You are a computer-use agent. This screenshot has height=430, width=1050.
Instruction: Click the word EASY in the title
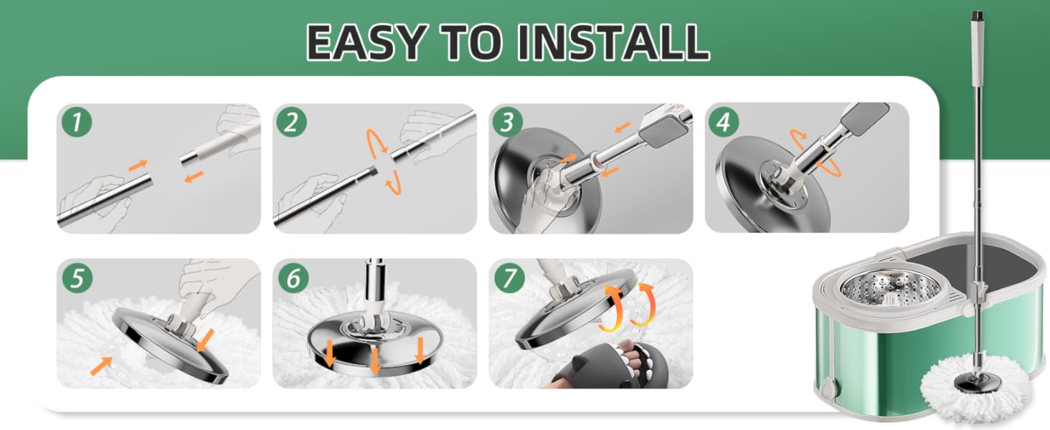coord(366,42)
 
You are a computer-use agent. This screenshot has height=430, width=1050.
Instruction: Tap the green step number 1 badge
coord(77,123)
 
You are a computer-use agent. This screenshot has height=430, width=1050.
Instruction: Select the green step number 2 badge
coord(291,123)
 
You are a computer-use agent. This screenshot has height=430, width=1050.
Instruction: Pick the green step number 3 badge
coord(508,123)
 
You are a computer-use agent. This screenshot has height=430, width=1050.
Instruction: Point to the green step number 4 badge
coord(723,123)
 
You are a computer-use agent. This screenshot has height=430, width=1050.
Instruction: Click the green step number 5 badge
coord(77,278)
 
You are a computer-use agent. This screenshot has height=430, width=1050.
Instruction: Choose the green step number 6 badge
coord(293,278)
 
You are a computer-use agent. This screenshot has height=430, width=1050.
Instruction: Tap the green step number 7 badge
coord(509,278)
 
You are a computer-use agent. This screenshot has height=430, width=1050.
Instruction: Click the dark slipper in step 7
coord(610,365)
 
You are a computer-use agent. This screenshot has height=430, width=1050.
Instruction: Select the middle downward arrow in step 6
coord(374,360)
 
